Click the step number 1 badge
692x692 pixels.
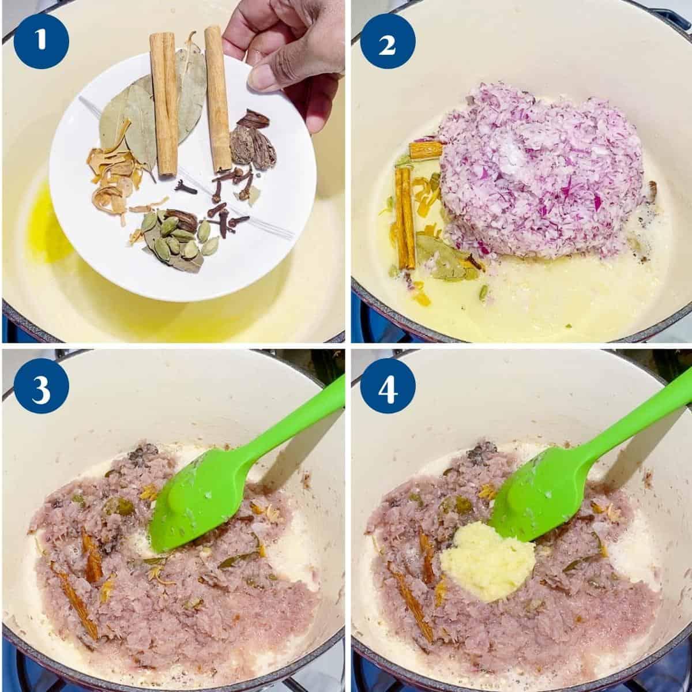pyautogui.click(x=42, y=40)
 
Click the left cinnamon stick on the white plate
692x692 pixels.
pyautogui.click(x=164, y=104)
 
